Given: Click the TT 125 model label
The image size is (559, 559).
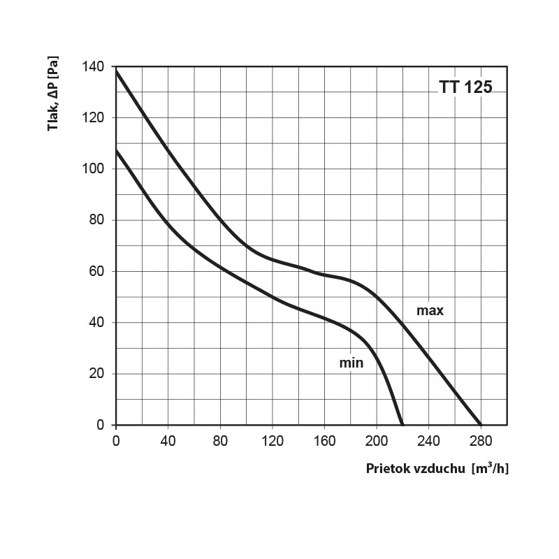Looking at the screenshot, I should click(x=465, y=87).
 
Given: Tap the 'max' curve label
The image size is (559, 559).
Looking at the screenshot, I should click(x=430, y=310).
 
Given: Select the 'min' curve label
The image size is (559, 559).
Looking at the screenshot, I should click(x=352, y=363).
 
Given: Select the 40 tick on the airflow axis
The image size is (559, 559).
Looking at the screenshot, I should click(x=168, y=441).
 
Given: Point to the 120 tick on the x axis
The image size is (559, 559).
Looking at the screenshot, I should click(x=272, y=441).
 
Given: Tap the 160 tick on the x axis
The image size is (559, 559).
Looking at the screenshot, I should click(x=324, y=441).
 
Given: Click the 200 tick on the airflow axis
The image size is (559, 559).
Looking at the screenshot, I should click(x=376, y=441).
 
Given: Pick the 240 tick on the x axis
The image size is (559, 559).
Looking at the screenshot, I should click(x=428, y=441).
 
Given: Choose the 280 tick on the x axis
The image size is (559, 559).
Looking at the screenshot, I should click(x=481, y=441).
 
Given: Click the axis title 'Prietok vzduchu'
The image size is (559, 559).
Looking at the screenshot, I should click(x=416, y=468).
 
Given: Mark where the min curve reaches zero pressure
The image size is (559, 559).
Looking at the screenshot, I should click(x=402, y=424).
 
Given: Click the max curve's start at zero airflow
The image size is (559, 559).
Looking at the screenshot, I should click(x=116, y=71).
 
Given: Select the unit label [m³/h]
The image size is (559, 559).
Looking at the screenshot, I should click(x=491, y=468).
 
